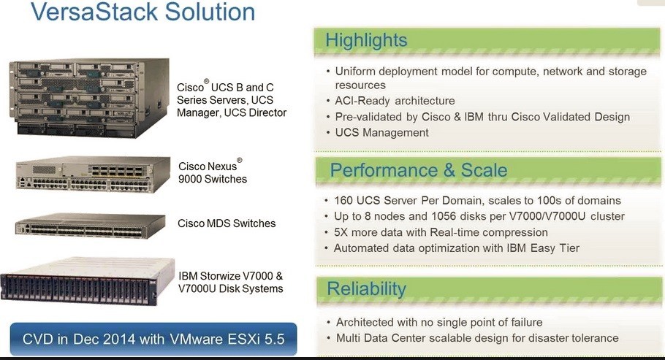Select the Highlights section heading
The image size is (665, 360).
click(x=366, y=39)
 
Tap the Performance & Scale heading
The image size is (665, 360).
click(x=419, y=170)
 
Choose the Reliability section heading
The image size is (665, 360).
click(x=366, y=288)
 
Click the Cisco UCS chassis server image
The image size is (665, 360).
click(x=90, y=99)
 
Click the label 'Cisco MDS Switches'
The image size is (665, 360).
click(x=227, y=223)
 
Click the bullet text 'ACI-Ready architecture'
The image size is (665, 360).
click(x=395, y=101)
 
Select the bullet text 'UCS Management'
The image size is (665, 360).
click(x=381, y=132)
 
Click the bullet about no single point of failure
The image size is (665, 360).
click(x=438, y=322)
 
